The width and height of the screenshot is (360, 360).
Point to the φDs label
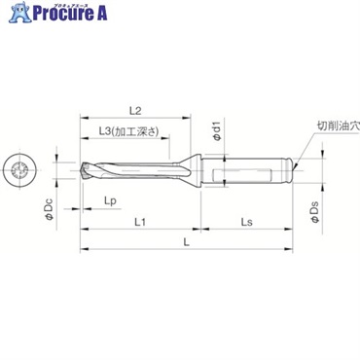pos(314,212)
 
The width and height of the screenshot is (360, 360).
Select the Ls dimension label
pos(248,223)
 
